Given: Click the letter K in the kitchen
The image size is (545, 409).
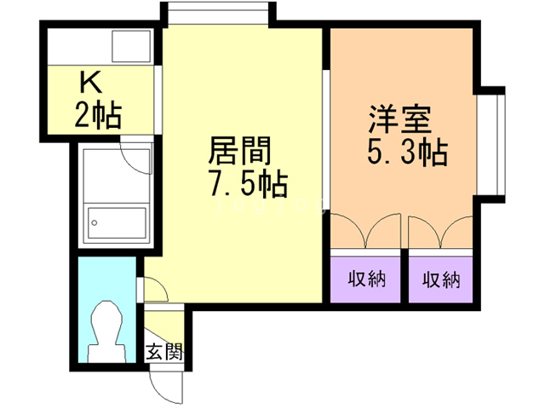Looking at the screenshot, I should click(90, 83).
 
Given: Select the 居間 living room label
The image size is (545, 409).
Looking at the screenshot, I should click(241, 153).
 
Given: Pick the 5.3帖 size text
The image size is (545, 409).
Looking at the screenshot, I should click(408, 153).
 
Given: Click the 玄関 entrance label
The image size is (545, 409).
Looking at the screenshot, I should click(163, 350).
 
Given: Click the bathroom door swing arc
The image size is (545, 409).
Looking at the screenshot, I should click(135, 154).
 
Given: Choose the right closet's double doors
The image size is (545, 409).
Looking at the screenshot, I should click(440, 232).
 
